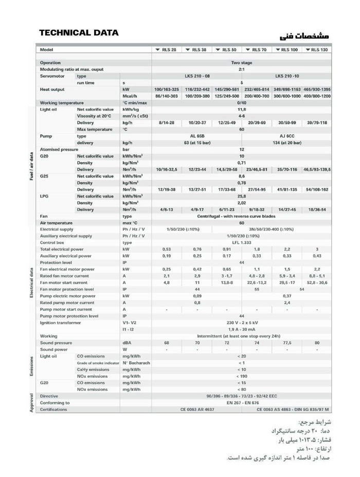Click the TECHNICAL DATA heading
tap(79, 33)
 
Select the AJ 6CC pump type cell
tap(286, 136)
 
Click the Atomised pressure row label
tap(59, 149)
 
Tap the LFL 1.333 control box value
tap(241, 242)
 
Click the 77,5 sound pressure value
tap(287, 343)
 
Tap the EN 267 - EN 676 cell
tap(241, 403)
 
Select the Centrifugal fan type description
tap(241, 216)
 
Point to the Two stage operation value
tap(241, 62)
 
